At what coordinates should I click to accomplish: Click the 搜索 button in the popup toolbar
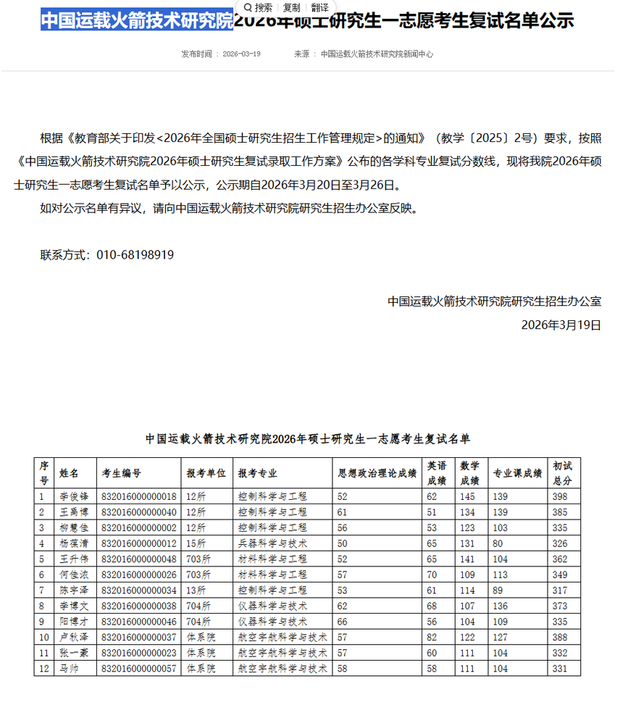pos(258,8)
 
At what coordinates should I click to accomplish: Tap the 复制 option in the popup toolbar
pos(291,8)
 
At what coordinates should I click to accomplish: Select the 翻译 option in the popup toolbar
pos(319,8)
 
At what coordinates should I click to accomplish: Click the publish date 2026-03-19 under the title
pos(241,54)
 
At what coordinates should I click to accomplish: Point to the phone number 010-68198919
pos(135,255)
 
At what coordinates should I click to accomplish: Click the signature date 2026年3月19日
pos(561,325)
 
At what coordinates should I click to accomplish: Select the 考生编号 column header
pos(121,473)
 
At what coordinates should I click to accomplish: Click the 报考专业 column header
pos(258,473)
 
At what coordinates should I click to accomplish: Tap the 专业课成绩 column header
pos(517,473)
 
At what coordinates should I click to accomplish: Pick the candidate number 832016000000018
pos(139,496)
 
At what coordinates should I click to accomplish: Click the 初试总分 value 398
pos(560,496)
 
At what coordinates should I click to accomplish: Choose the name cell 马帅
pos(69,669)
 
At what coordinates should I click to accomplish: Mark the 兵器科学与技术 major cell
pos(272,543)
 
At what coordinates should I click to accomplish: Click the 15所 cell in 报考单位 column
pos(196,543)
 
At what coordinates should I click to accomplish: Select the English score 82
pos(432,637)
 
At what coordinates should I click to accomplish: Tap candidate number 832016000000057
pos(139,669)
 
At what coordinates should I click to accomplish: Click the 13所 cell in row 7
pos(196,590)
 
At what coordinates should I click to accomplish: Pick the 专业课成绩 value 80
pos(498,543)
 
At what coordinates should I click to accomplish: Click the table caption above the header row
pos(307,438)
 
